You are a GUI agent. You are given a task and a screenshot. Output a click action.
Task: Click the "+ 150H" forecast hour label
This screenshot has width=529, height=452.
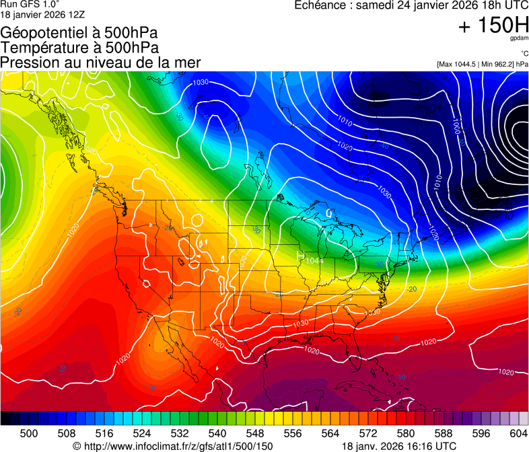(493, 26)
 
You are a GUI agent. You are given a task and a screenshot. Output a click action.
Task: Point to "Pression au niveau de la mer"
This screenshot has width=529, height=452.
(100, 62)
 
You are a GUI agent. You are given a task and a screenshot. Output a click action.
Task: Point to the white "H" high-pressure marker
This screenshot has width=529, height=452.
(301, 256)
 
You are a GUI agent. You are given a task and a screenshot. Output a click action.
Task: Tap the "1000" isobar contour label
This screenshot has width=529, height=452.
(457, 125)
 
